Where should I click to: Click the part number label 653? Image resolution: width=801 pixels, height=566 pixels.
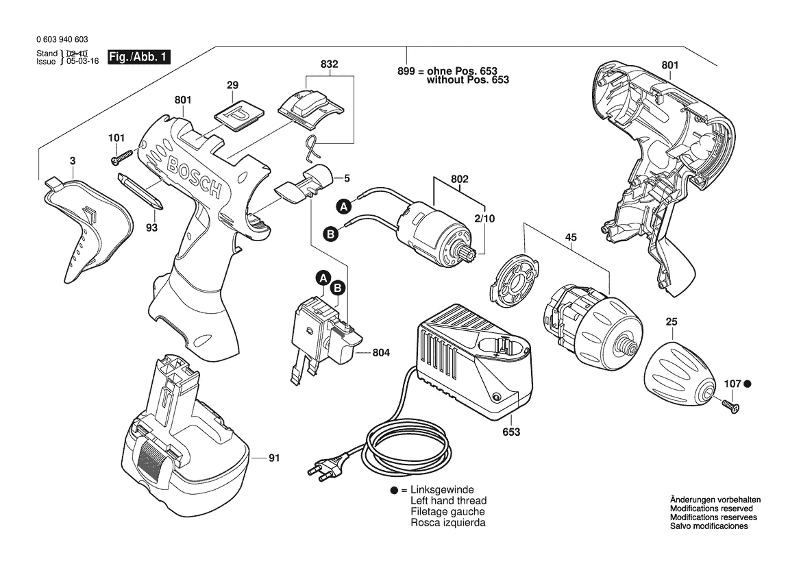[x=510, y=432]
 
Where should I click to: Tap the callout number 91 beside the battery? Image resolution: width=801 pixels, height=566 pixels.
[x=274, y=457]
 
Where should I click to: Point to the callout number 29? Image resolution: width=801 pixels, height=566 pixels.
[x=232, y=85]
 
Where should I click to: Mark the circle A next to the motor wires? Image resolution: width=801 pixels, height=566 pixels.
[x=343, y=206]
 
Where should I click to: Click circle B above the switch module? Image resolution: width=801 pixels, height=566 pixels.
[x=338, y=288]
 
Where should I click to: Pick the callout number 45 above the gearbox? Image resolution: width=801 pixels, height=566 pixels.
[x=571, y=237]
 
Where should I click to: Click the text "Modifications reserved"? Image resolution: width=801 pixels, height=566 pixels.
[x=711, y=508]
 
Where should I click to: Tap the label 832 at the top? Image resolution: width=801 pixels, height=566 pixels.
[x=330, y=64]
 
